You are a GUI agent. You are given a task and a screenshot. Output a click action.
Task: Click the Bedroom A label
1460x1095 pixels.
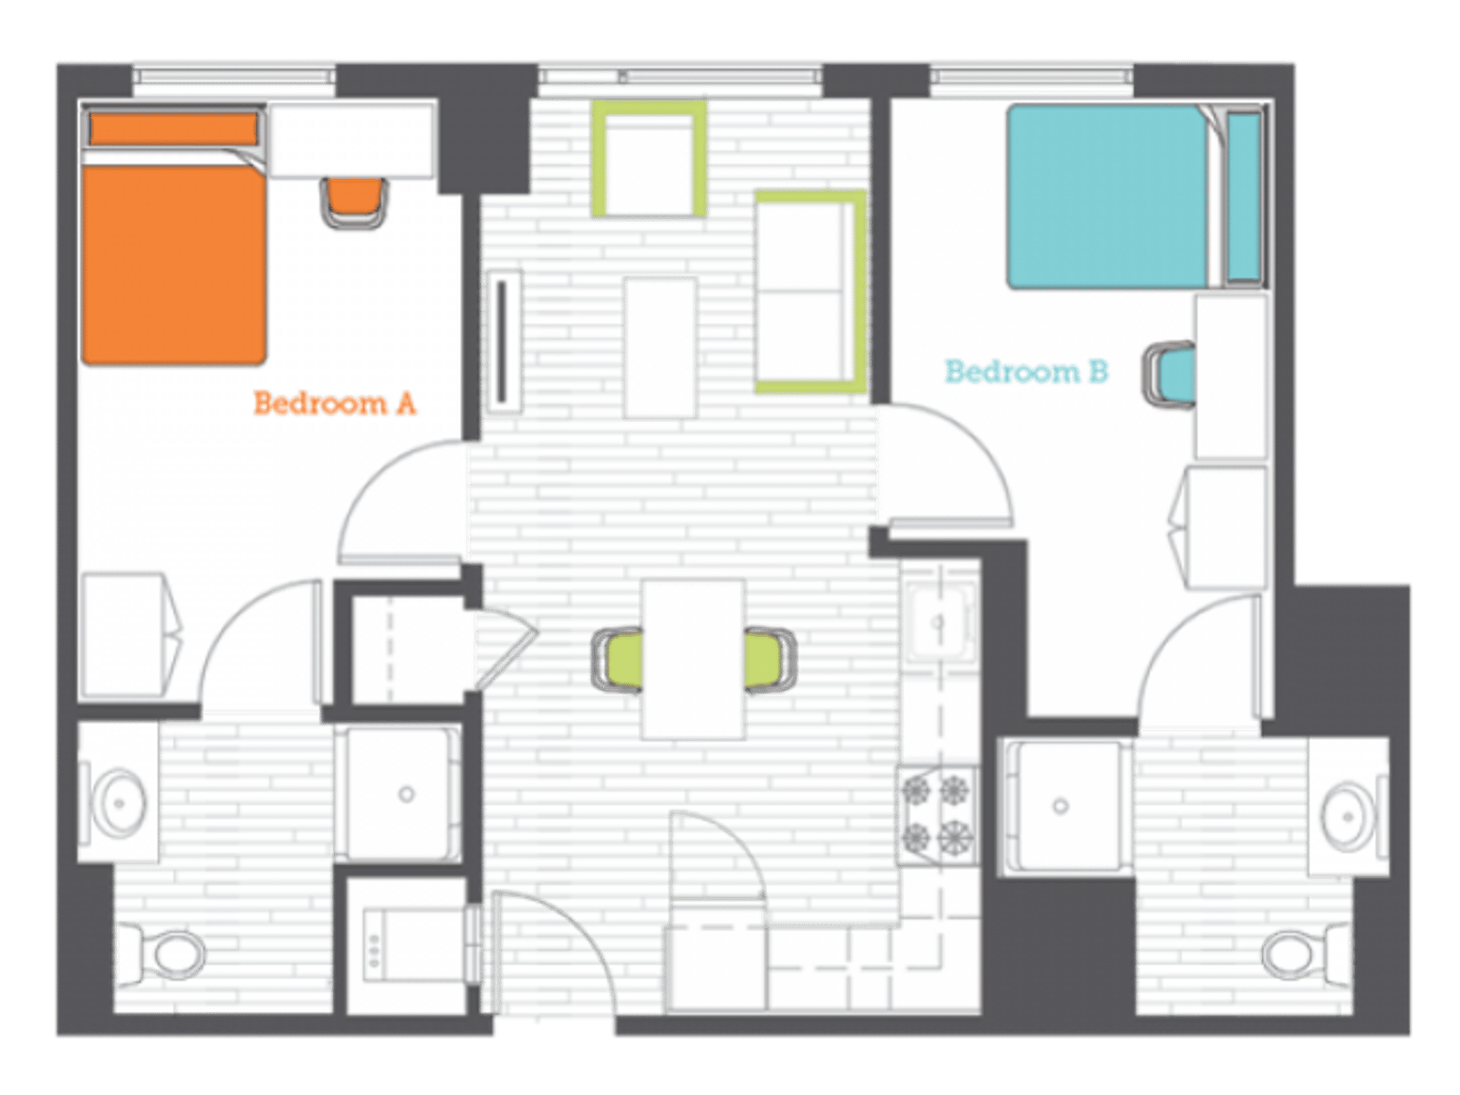point(335,403)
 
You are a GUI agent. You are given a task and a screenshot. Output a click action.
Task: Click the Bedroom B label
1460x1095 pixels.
point(1027,371)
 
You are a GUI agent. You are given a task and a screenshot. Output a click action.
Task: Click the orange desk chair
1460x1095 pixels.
point(353,203)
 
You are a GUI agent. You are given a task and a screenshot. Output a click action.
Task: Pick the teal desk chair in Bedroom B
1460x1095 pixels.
point(1169,374)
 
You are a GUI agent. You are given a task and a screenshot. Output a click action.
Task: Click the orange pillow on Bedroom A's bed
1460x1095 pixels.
point(173,129)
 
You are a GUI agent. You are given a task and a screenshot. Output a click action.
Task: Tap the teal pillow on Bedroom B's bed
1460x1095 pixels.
point(1243,196)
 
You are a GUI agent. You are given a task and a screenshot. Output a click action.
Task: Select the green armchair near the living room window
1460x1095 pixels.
point(649,159)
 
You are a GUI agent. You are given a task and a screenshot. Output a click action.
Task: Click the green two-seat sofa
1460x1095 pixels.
point(810,291)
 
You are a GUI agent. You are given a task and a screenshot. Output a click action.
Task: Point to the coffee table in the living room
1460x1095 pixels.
point(660,348)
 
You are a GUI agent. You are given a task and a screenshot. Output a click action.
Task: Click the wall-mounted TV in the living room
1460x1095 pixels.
point(504,341)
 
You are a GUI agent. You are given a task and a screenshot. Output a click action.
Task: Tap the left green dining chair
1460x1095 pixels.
point(617,661)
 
